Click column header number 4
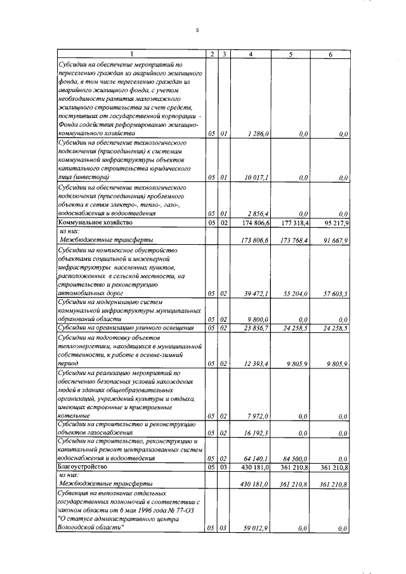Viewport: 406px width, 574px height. click(252, 55)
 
